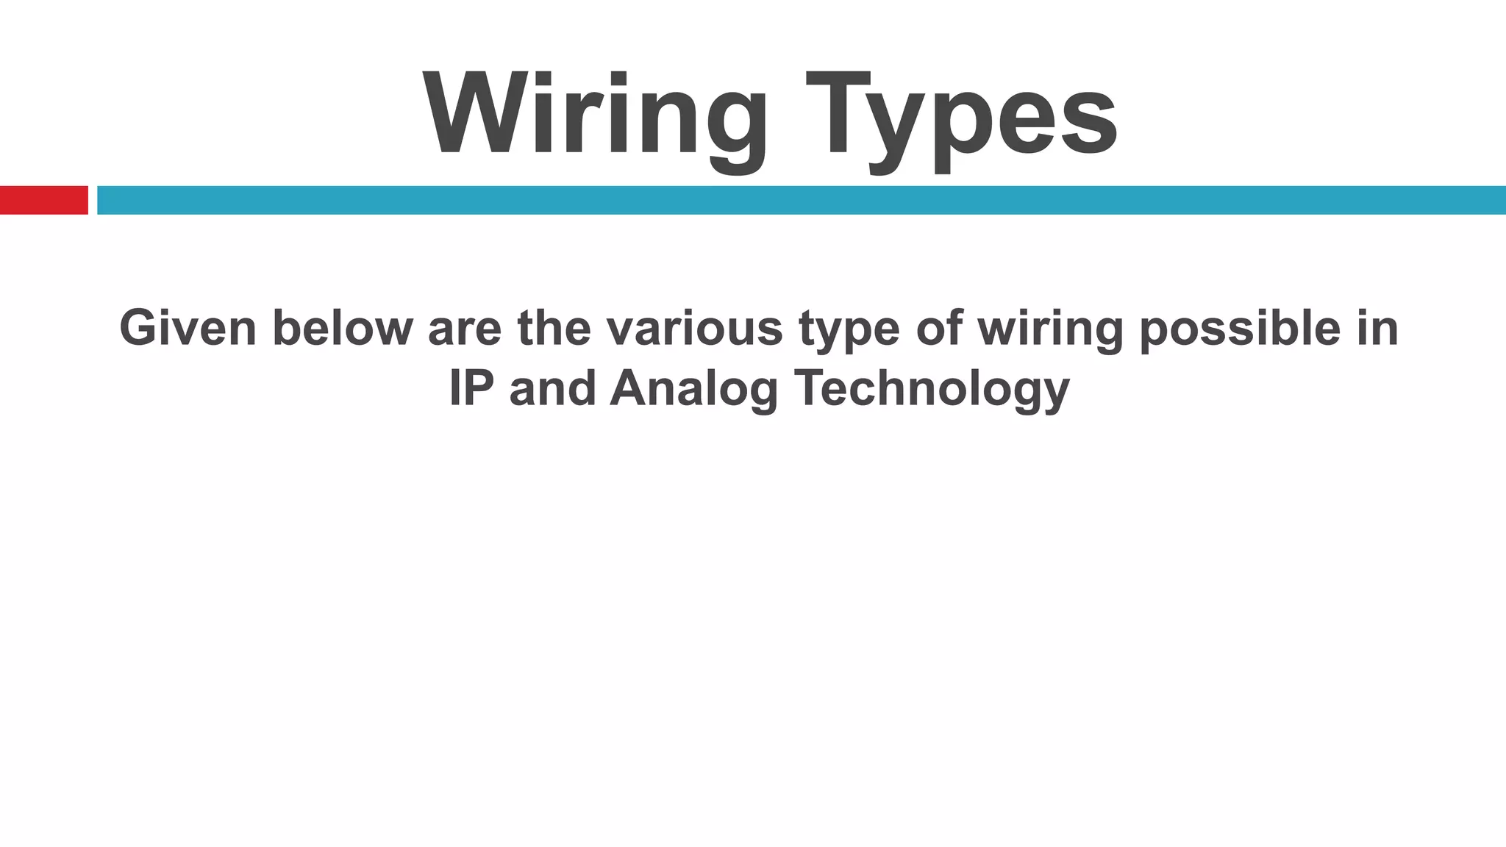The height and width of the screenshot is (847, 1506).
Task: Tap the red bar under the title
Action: (x=43, y=200)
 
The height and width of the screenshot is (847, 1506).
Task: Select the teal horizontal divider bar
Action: (x=801, y=200)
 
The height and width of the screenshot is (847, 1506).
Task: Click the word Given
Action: (x=188, y=328)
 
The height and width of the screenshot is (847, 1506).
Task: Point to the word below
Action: (x=343, y=328)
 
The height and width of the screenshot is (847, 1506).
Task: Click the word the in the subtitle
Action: (x=554, y=328)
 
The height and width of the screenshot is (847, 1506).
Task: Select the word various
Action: (x=695, y=328)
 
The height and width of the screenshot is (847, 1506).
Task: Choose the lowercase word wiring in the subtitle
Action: (x=1050, y=329)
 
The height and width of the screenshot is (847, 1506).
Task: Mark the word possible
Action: (x=1239, y=328)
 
